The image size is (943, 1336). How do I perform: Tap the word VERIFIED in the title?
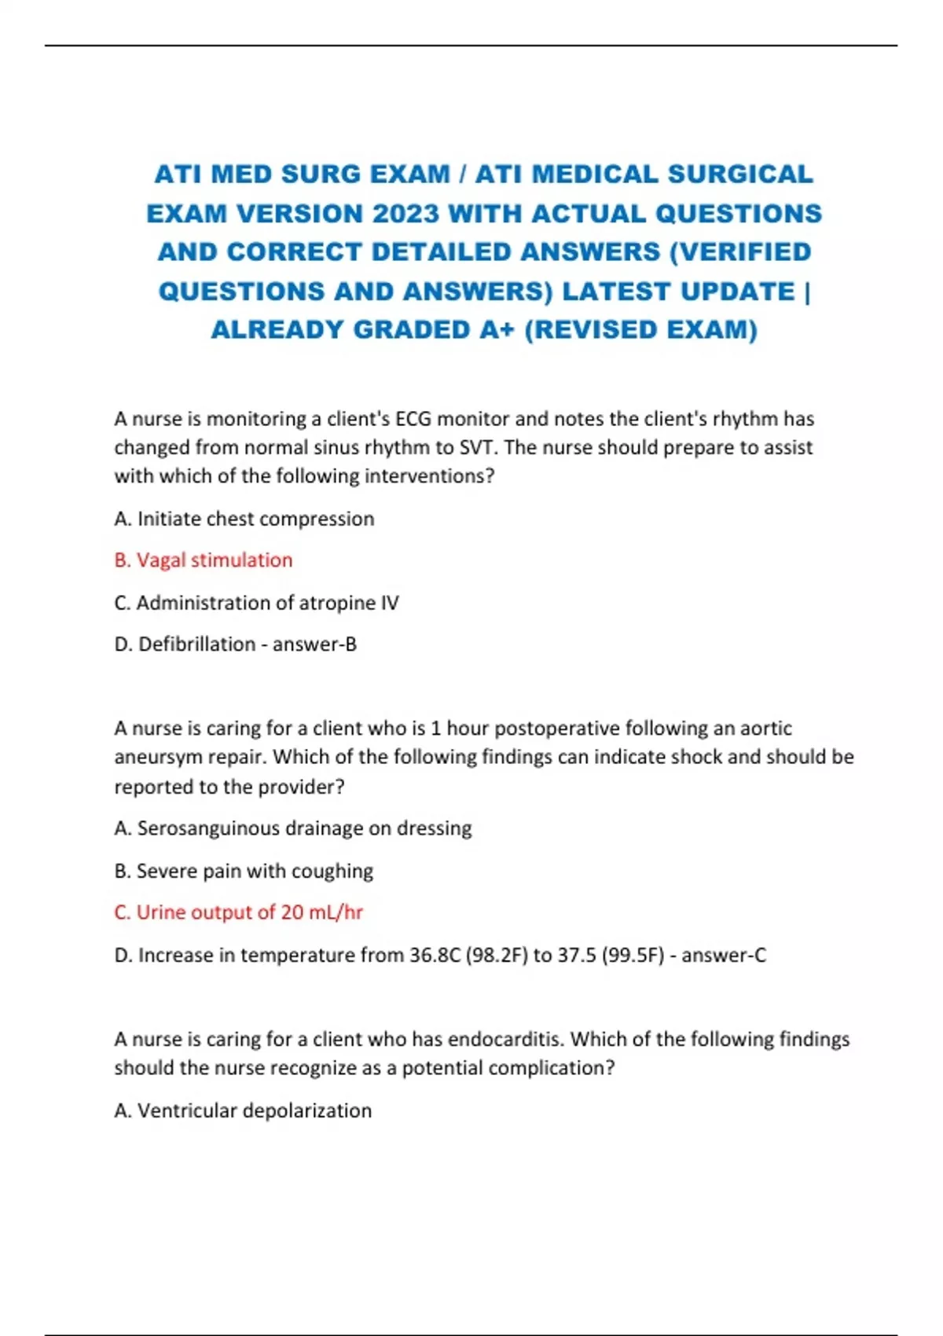pyautogui.click(x=743, y=251)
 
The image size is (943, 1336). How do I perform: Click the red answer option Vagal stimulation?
pyautogui.click(x=204, y=560)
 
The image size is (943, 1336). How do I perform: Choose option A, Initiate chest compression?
pyautogui.click(x=244, y=519)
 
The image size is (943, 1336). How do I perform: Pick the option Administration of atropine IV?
pyautogui.click(x=257, y=603)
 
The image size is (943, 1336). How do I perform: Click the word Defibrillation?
pyautogui.click(x=197, y=644)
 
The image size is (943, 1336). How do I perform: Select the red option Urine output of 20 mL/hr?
pyautogui.click(x=239, y=912)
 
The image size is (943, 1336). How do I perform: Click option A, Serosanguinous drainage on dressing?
pyautogui.click(x=293, y=828)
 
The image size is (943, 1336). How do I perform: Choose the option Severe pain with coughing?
pyautogui.click(x=244, y=871)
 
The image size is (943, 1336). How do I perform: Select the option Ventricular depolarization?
pyautogui.click(x=244, y=1110)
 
